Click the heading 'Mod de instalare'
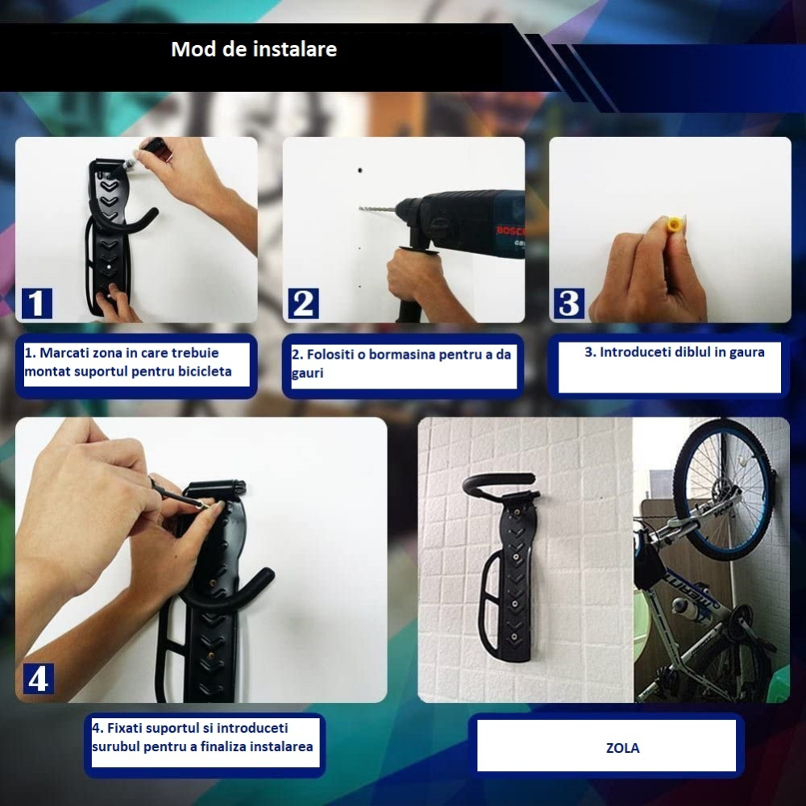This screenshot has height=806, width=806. click(254, 49)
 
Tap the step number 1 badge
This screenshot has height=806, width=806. click(35, 303)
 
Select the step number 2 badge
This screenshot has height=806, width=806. click(303, 303)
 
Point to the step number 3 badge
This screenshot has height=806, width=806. click(569, 303)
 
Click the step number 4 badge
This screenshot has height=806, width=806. click(38, 679)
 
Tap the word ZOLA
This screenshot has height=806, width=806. click(622, 748)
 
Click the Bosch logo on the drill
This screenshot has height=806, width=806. click(509, 232)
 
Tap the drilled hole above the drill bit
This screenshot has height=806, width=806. click(360, 171)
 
